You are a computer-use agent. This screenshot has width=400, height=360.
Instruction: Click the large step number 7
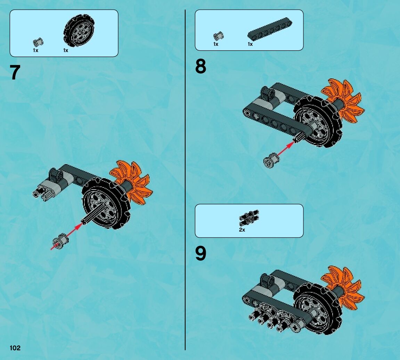pyautogui.click(x=15, y=72)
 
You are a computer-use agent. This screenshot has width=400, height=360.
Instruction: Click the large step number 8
pyautogui.click(x=201, y=66)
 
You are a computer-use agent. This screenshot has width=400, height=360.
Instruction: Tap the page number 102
pyautogui.click(x=15, y=348)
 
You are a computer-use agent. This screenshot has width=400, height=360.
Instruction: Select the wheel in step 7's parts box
pyautogui.click(x=79, y=31)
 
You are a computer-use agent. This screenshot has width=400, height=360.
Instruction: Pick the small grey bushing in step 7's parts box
pyautogui.click(x=38, y=42)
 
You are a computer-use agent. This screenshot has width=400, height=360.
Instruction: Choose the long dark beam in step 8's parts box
pyautogui.click(x=270, y=28)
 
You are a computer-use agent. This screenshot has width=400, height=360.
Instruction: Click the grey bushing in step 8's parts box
pyautogui.click(x=218, y=36)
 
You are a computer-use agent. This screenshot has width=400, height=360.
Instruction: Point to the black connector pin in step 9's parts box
pyautogui.click(x=249, y=218)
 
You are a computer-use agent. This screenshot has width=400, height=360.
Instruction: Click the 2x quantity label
pyautogui.click(x=242, y=230)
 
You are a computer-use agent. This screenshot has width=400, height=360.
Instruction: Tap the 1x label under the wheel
pyautogui.click(x=66, y=50)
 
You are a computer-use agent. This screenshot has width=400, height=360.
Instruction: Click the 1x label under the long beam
pyautogui.click(x=250, y=44)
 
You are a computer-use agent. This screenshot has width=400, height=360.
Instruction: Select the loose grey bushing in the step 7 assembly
pyautogui.click(x=60, y=241)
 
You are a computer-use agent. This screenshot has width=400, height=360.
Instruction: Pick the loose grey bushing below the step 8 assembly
pyautogui.click(x=271, y=160)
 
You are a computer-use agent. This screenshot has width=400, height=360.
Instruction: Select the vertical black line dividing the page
pyautogui.click(x=185, y=180)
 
